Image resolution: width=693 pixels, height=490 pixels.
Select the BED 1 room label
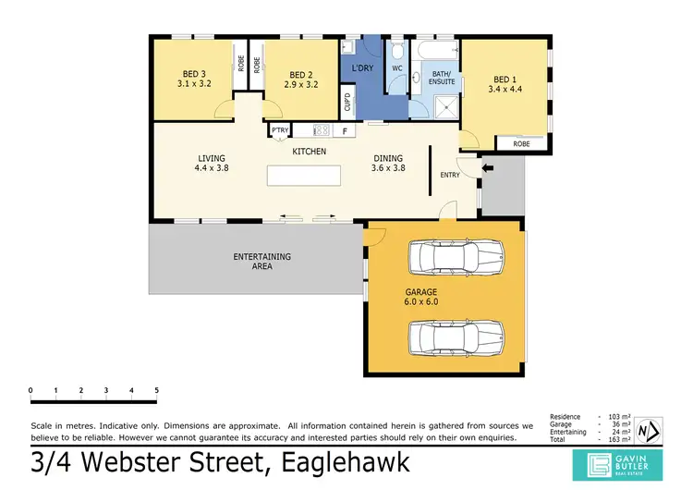[506, 83]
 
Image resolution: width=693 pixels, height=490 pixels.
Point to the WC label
[397, 68]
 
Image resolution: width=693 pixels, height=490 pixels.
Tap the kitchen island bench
[308, 176]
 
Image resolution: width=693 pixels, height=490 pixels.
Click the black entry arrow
[489, 167]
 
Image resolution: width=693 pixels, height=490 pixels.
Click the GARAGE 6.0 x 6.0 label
[421, 296]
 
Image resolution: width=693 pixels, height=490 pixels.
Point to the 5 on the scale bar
[157, 391]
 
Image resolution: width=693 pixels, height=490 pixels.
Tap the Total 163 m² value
[616, 439]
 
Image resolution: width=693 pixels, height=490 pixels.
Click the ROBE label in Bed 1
[521, 143]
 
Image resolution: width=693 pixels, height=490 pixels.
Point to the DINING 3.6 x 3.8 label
[389, 163]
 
